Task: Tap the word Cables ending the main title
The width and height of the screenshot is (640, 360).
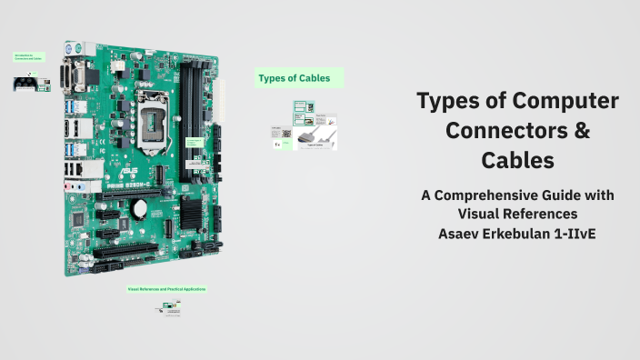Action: point(517,161)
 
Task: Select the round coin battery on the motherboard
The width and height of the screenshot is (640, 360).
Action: point(139,207)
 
